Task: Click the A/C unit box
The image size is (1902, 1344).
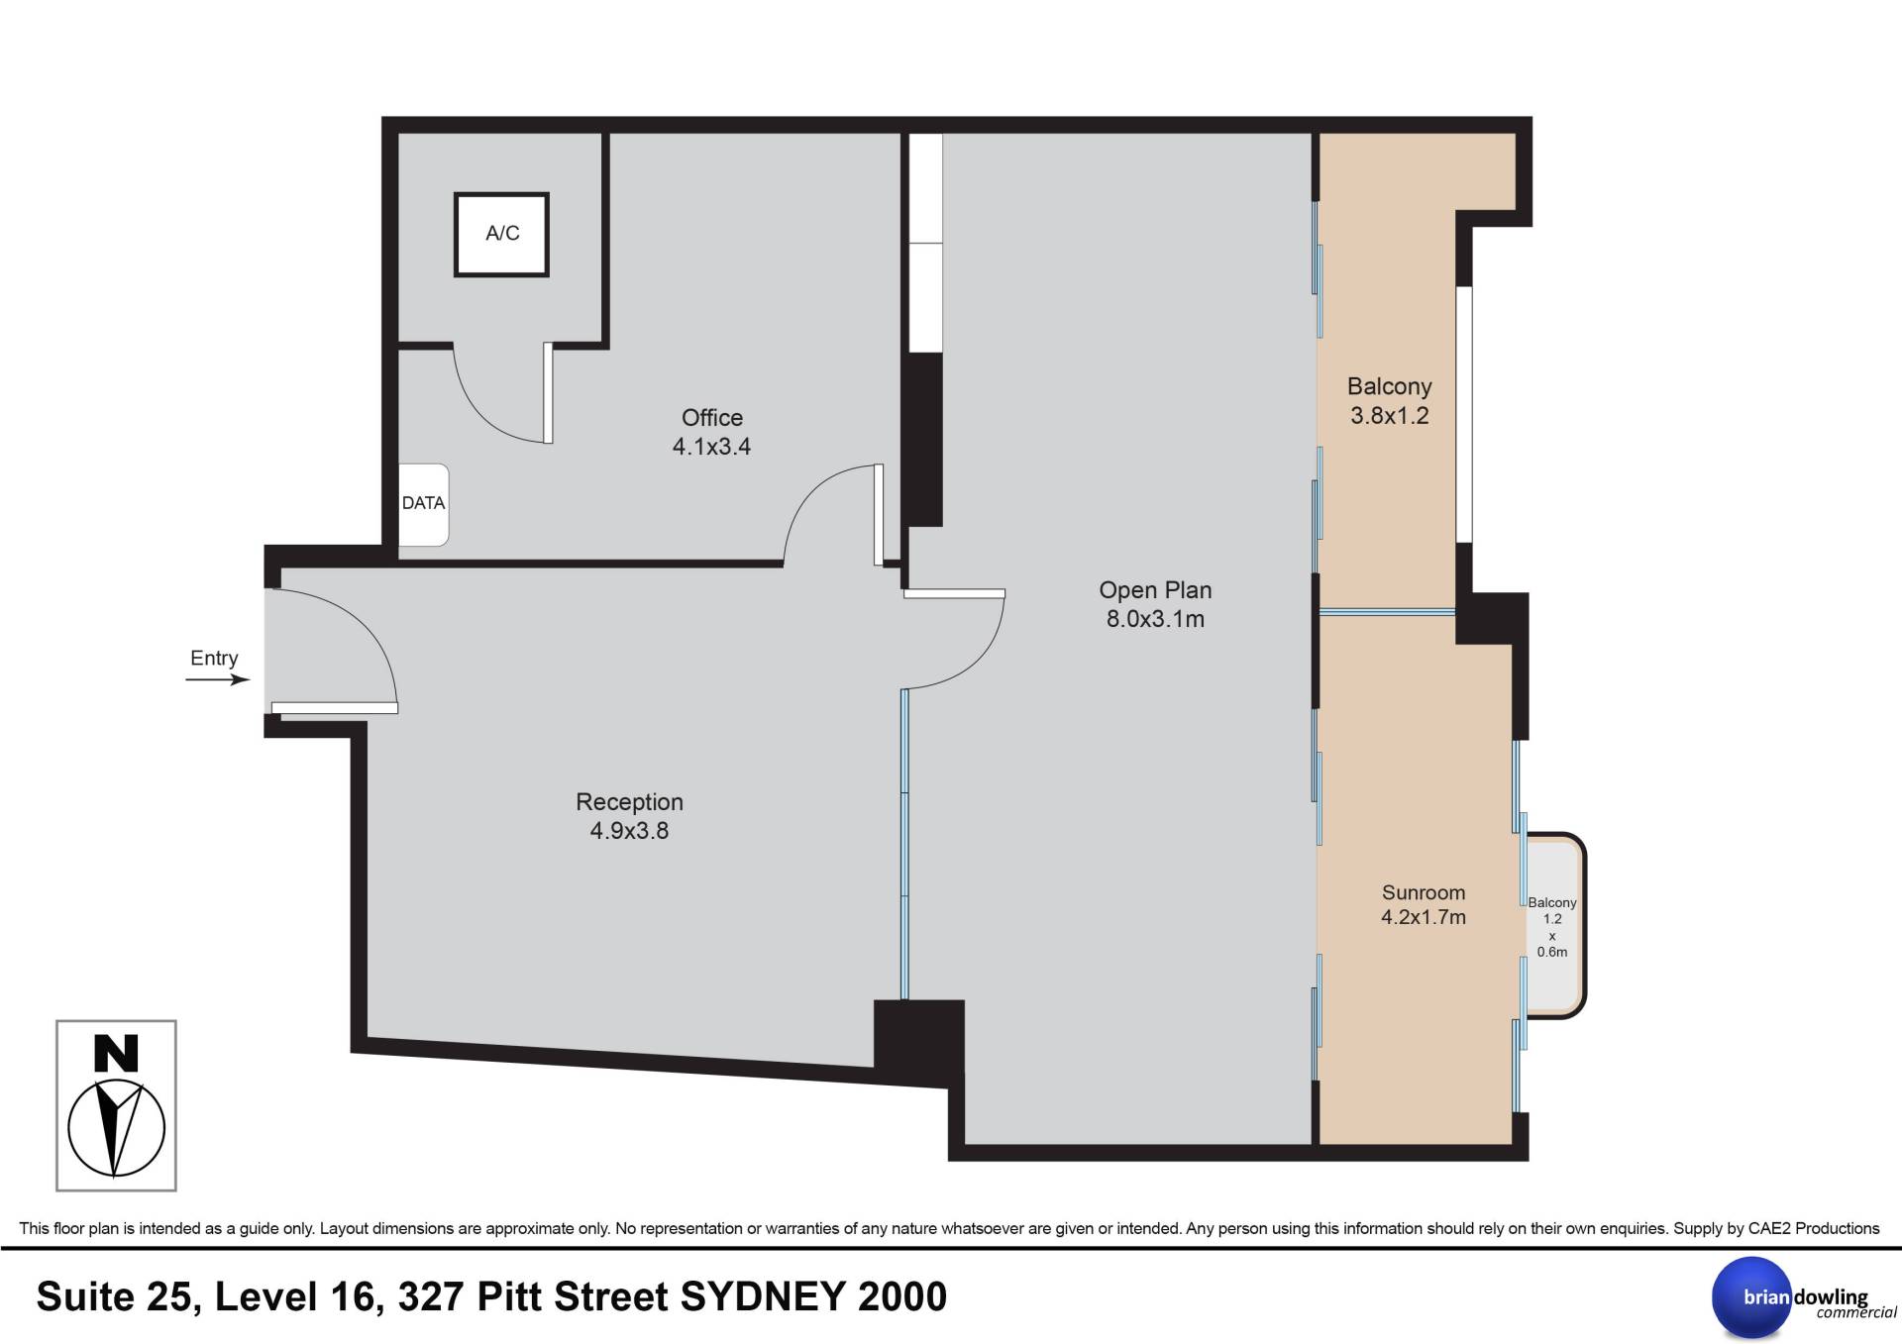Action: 501,235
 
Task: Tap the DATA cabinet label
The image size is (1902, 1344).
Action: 423,503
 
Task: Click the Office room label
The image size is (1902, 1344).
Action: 712,418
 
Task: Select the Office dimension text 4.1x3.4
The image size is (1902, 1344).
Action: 711,447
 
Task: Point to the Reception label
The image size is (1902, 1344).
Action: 630,802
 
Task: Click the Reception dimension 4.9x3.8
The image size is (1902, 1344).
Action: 630,831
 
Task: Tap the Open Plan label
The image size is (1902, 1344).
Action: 1155,590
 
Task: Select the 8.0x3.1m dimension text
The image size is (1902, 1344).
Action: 1155,620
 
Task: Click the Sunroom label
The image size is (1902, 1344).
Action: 1424,892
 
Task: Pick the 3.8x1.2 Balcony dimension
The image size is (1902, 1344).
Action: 1390,416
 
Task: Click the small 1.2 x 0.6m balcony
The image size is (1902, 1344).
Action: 1553,926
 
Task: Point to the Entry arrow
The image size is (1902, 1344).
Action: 218,679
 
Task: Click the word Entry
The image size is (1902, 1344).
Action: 214,659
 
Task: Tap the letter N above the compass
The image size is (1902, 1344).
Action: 116,1054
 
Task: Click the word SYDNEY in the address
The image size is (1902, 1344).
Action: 763,1297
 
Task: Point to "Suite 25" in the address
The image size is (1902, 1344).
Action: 120,1297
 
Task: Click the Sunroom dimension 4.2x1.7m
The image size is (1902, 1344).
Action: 1424,917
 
